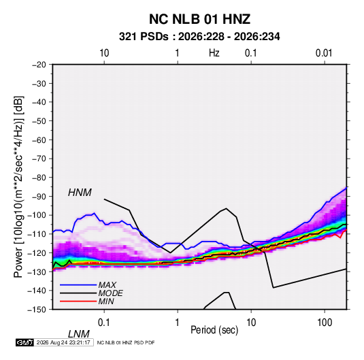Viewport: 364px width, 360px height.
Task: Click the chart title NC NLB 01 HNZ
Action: click(x=199, y=19)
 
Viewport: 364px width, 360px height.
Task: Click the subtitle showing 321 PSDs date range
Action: click(x=199, y=37)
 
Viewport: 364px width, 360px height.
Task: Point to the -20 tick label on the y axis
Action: click(x=39, y=65)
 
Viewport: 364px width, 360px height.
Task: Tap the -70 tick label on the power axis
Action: click(x=39, y=159)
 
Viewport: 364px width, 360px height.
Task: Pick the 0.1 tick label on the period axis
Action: click(x=104, y=323)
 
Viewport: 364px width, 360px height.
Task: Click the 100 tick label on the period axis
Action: click(x=325, y=323)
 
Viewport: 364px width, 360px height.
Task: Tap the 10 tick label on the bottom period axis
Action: click(x=251, y=323)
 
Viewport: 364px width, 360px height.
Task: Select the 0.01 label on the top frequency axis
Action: click(x=324, y=53)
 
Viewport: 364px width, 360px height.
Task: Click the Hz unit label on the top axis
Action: click(x=214, y=53)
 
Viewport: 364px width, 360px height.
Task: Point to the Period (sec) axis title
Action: click(x=214, y=330)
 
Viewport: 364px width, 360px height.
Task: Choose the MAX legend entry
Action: click(x=107, y=285)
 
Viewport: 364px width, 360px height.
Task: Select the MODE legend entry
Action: click(x=110, y=293)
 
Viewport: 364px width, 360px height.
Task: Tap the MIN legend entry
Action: click(x=106, y=301)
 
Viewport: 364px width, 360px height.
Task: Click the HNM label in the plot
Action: click(x=80, y=193)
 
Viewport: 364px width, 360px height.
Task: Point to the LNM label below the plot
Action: click(x=79, y=334)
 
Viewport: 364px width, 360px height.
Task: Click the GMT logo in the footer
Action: click(x=25, y=342)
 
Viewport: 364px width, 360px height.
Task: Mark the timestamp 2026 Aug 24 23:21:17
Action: click(x=63, y=342)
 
